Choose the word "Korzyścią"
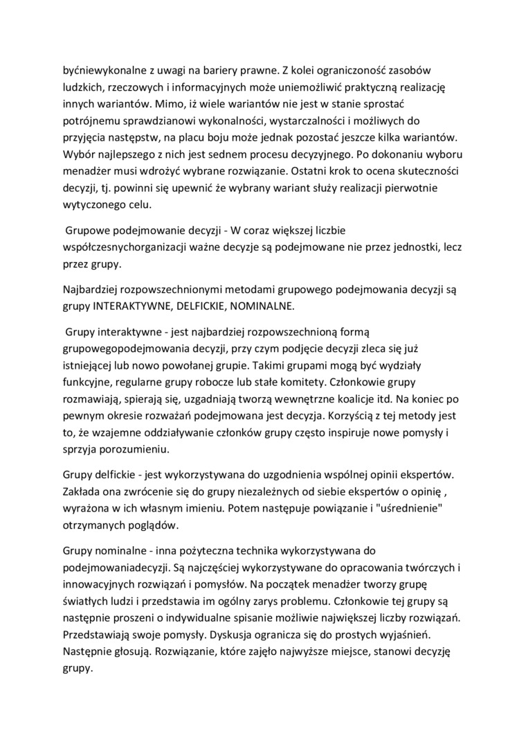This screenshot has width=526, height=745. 359,417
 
